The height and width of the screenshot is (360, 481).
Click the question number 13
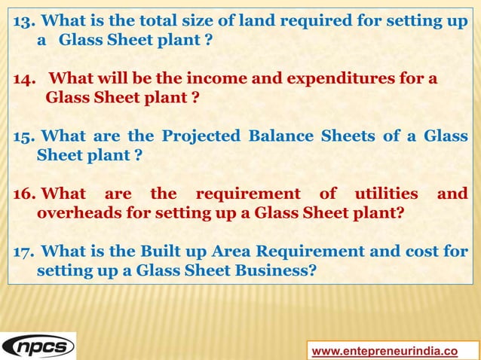pos(23,20)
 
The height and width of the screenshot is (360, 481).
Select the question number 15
pos(23,136)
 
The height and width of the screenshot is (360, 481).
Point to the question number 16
pos(23,194)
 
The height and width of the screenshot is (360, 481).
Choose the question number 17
pos(23,252)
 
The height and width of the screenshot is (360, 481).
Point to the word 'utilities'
pos(383,194)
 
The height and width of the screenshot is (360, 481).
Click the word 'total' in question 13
pos(152,20)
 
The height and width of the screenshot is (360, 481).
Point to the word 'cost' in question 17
pos(426,252)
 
